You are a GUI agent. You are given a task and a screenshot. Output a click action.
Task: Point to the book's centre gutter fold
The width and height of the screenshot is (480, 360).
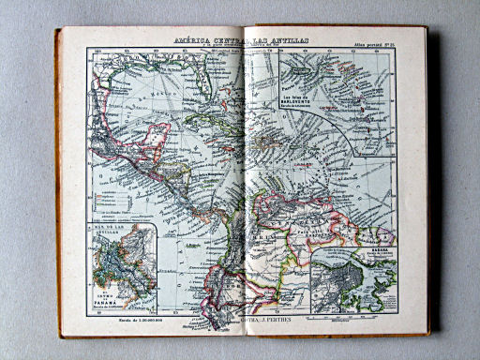pos(242,187)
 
